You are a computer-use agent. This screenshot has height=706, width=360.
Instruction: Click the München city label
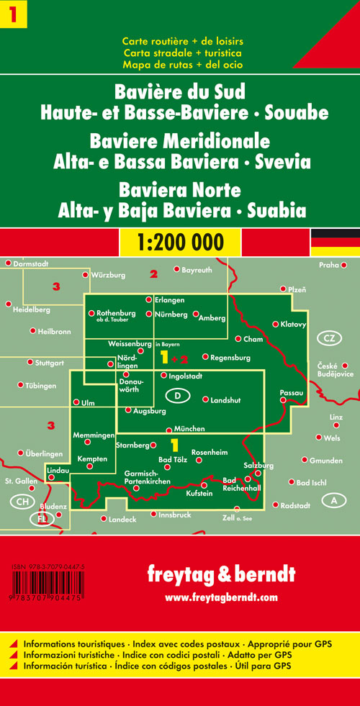tap(189, 429)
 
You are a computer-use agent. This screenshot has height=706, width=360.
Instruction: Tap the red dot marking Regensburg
tap(205, 356)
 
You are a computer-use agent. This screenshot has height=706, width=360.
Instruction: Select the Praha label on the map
tap(328, 265)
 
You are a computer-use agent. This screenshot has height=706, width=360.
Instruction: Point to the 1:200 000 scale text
tap(180, 242)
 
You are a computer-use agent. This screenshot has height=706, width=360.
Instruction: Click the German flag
tap(335, 242)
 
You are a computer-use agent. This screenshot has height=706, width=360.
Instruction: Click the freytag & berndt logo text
tap(220, 574)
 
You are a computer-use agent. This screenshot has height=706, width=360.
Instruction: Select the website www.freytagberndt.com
tap(220, 597)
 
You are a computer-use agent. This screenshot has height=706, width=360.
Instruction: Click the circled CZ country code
tap(329, 338)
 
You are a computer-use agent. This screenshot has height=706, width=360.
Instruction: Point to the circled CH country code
tap(23, 501)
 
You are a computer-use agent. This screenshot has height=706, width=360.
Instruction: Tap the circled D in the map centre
tap(177, 395)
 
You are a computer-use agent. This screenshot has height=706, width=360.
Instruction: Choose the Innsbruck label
tap(174, 515)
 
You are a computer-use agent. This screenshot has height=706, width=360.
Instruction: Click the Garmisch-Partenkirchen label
tap(147, 476)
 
